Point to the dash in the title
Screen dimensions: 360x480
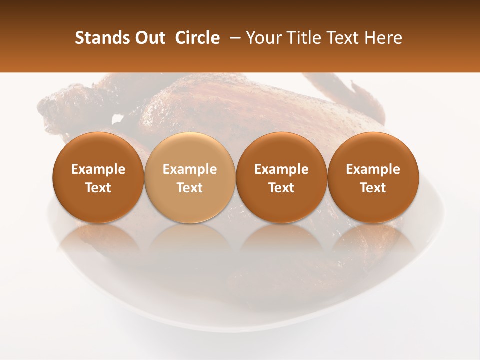pyautogui.click(x=234, y=38)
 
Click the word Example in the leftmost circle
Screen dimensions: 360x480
pyautogui.click(x=98, y=169)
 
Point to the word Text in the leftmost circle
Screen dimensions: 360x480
pyautogui.click(x=98, y=188)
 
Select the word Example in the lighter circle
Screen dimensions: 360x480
pyautogui.click(x=190, y=169)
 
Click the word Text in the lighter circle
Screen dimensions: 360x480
pyautogui.click(x=190, y=188)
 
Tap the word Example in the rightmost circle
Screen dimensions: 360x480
pyautogui.click(x=373, y=169)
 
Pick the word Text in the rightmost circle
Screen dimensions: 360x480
pyautogui.click(x=373, y=188)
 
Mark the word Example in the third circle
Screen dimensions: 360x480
pyautogui.click(x=281, y=169)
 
